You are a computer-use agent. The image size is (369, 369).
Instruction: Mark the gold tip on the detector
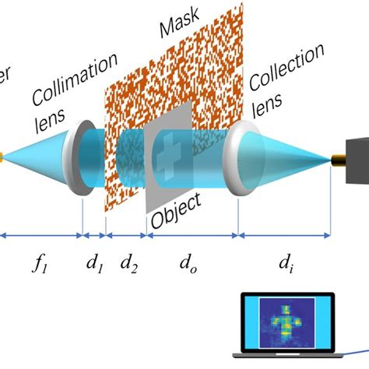tap(339, 160)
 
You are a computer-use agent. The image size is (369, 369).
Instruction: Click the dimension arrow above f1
tap(40, 233)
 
